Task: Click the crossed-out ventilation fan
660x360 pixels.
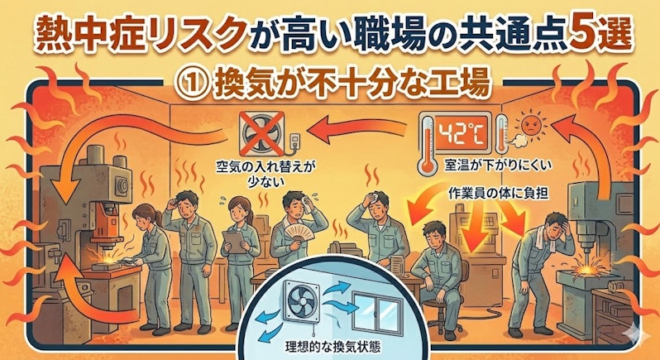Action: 261,134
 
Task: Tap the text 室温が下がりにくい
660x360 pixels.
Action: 498,166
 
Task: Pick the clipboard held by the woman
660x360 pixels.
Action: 234,242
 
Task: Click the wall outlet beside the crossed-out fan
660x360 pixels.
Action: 295,141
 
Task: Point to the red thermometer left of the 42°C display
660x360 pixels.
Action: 428,143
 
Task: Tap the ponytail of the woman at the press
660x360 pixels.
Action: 158,218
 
